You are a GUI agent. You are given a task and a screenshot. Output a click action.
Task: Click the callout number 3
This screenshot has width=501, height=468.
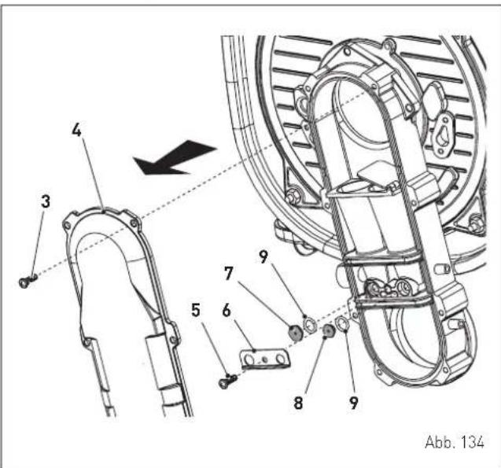point(46,202)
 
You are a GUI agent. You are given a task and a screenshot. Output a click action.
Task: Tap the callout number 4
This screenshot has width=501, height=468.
point(77,130)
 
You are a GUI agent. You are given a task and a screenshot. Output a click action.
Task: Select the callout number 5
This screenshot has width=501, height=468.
point(196,310)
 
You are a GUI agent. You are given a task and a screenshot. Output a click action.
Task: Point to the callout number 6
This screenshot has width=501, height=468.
point(227,311)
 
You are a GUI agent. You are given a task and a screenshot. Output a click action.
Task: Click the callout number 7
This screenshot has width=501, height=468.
point(229,274)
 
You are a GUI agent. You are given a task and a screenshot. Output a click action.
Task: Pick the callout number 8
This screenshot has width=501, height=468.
point(298,404)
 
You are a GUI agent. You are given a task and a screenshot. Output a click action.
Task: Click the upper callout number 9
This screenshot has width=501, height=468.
point(263,257)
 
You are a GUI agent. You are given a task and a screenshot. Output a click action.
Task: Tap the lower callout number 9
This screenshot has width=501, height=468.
point(353,404)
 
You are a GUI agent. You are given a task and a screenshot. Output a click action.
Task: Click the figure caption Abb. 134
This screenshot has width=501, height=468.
point(455,442)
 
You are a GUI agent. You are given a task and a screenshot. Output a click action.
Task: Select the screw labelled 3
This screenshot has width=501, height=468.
point(28,280)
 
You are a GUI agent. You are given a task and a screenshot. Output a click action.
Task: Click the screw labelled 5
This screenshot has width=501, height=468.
point(228,381)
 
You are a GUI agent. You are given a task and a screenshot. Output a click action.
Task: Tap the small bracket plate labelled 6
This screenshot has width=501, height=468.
point(264,359)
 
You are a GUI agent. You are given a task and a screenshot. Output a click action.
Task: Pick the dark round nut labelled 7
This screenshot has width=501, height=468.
point(295,333)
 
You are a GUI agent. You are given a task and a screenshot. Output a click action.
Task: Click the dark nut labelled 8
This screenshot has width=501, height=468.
point(328,331)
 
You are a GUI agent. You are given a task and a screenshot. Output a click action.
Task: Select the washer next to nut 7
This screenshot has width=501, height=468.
point(309,325)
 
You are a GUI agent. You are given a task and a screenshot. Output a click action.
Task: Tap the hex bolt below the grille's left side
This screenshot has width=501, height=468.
point(292,195)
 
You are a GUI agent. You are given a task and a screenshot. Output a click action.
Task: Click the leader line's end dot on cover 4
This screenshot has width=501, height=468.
point(102,210)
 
